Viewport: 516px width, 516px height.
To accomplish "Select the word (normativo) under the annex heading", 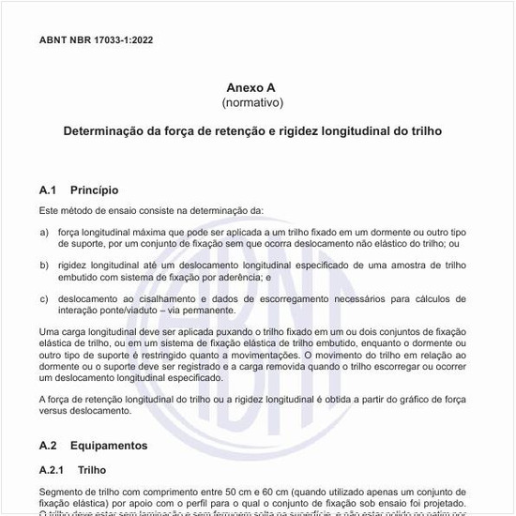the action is pyautogui.click(x=251, y=101).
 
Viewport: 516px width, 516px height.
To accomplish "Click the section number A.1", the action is pyautogui.click(x=49, y=190).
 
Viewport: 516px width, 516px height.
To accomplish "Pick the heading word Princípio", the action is pyautogui.click(x=95, y=190).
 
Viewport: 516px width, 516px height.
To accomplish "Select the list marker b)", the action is pyautogui.click(x=44, y=266).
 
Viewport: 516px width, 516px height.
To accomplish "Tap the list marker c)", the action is pyautogui.click(x=44, y=299).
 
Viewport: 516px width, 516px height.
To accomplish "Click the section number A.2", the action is pyautogui.click(x=49, y=445).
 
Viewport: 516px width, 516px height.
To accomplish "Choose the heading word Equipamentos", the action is pyautogui.click(x=108, y=445).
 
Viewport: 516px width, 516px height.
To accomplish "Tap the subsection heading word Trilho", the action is pyautogui.click(x=93, y=469).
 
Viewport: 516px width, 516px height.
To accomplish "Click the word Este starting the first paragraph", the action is pyautogui.click(x=50, y=210).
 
